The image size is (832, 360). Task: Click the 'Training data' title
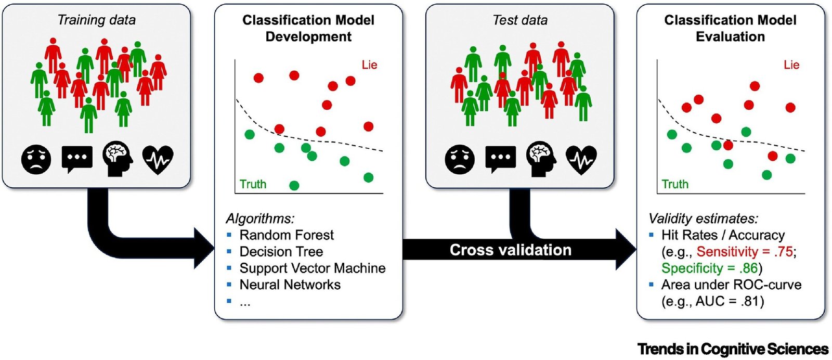pyautogui.click(x=97, y=20)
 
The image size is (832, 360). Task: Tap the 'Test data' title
pyautogui.click(x=519, y=20)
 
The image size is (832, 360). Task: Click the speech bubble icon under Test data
pyautogui.click(x=500, y=159)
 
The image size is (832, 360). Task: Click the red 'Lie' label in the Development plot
pyautogui.click(x=369, y=65)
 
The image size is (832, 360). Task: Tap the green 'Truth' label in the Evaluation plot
pyautogui.click(x=675, y=184)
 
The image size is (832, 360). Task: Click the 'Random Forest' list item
pyautogui.click(x=287, y=235)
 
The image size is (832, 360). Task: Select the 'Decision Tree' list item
pyautogui.click(x=281, y=251)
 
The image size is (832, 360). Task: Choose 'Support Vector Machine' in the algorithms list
pyautogui.click(x=313, y=268)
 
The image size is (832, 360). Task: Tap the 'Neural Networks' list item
pyautogui.click(x=290, y=285)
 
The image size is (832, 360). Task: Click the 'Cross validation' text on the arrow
pyautogui.click(x=510, y=250)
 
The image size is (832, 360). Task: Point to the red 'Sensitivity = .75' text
pyautogui.click(x=745, y=251)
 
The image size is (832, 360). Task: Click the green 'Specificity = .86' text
pyautogui.click(x=709, y=268)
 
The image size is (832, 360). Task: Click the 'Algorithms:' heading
pyautogui.click(x=260, y=218)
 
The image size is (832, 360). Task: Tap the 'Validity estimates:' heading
pyautogui.click(x=703, y=218)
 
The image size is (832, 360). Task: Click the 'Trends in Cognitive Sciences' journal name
pyautogui.click(x=733, y=349)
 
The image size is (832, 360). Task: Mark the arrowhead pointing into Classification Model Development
pyautogui.click(x=205, y=249)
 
